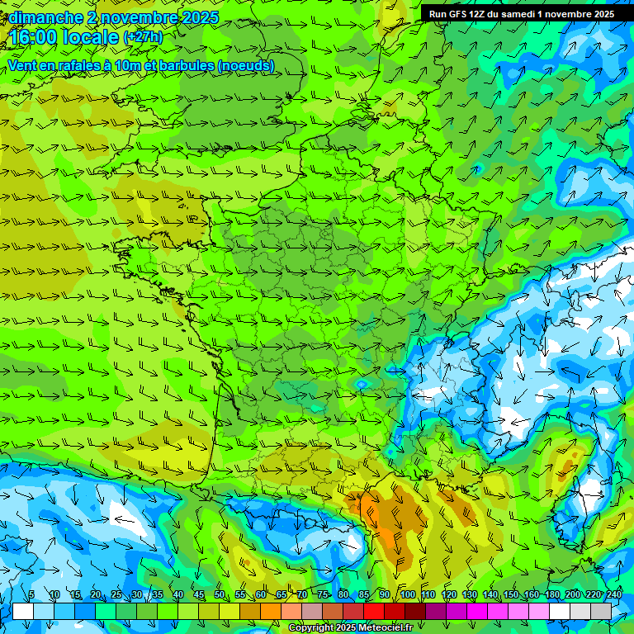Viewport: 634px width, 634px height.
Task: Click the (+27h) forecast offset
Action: point(143,37)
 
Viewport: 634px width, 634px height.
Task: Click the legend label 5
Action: point(31,595)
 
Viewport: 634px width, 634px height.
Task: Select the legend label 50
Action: point(219,595)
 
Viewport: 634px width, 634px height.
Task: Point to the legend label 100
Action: point(407,595)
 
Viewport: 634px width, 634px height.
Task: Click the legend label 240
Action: point(614,595)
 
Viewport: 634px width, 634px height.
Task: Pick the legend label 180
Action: point(551,595)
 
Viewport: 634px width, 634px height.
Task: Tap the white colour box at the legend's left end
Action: point(23,611)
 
